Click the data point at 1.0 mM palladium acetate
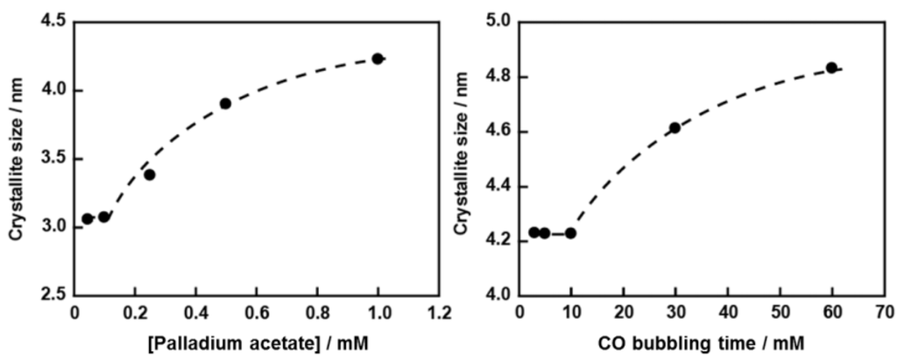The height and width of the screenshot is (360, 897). coord(378,59)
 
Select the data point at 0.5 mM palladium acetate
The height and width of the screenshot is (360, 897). coord(225,103)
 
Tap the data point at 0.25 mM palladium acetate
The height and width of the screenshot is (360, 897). coord(150,174)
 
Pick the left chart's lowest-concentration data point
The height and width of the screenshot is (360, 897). coord(88,218)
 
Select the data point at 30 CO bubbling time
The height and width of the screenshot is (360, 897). coord(675,128)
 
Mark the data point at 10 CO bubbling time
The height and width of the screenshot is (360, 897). coord(570,233)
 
